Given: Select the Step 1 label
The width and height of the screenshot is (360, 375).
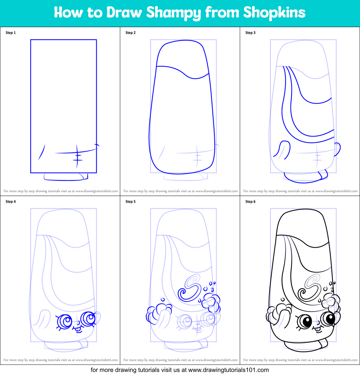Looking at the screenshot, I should coord(11,33).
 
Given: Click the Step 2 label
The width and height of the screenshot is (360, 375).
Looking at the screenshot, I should coord(131,33).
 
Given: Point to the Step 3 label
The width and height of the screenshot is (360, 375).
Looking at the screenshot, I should coord(251,33).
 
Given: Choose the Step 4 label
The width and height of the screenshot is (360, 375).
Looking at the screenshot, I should coord(11,202).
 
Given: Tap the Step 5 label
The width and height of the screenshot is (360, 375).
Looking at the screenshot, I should coord(131,202).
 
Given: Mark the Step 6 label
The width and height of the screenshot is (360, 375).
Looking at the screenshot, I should coord(251,202).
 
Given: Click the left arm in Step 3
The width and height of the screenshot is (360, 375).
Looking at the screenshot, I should coord(282,150).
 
